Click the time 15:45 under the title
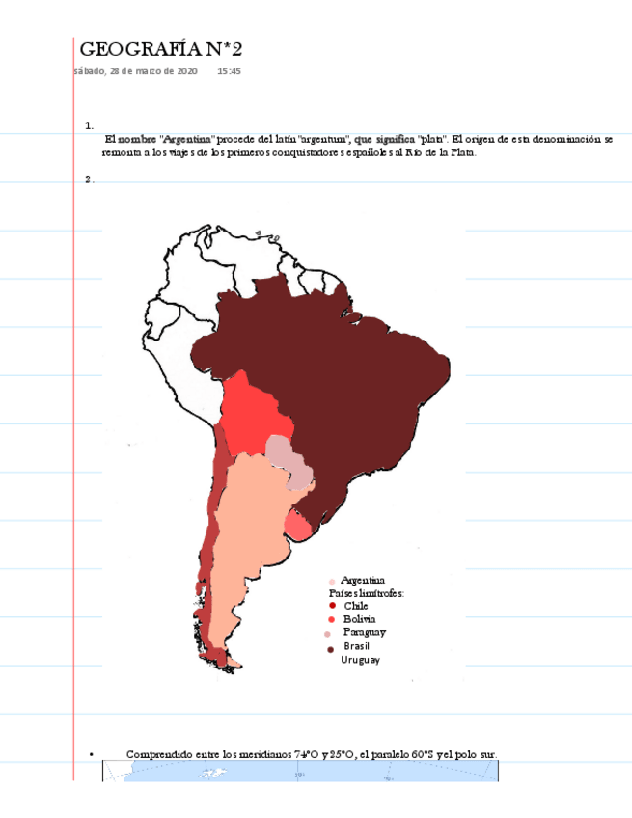[x=229, y=71]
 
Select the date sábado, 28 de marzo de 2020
[x=136, y=71]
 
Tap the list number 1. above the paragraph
[x=89, y=125]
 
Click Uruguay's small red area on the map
[x=297, y=526]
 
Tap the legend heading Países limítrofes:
[x=367, y=592]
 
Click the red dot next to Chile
[x=331, y=606]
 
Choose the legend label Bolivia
[x=360, y=618]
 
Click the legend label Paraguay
[x=365, y=632]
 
